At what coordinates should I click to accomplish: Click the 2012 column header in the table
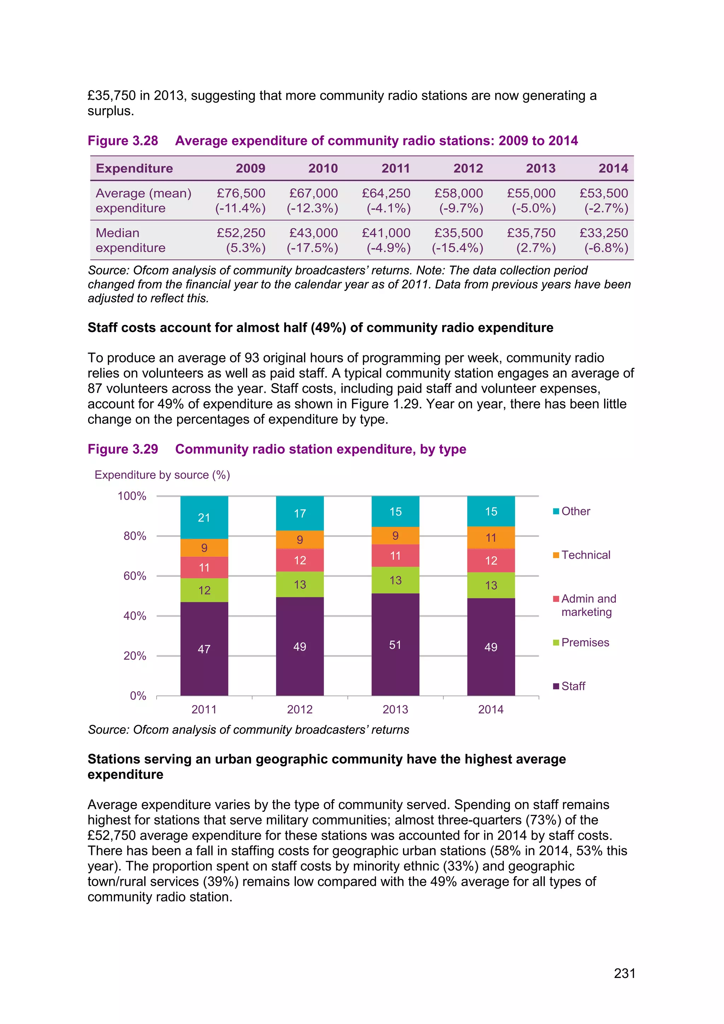(468, 168)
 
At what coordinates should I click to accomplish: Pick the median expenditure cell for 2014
(604, 240)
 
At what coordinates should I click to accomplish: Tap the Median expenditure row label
(130, 240)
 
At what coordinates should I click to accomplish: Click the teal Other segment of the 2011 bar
(204, 517)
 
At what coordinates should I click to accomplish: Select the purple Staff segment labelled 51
(395, 645)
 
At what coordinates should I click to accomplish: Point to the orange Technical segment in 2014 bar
(491, 537)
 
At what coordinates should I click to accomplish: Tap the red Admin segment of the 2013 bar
(395, 556)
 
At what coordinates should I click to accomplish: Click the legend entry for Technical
(585, 555)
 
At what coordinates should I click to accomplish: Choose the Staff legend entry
(573, 686)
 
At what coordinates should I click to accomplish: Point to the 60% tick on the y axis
(135, 576)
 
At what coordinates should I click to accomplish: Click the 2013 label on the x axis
(395, 709)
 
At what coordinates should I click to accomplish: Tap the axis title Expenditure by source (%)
(162, 475)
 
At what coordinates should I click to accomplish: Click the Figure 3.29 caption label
(123, 449)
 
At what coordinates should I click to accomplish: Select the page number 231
(624, 973)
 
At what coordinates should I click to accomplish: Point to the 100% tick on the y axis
(132, 496)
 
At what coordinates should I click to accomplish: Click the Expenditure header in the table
(134, 168)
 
